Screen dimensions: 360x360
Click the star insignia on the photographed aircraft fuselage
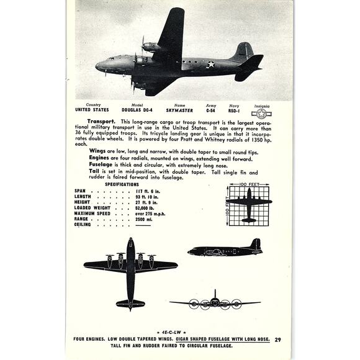[x=211, y=64]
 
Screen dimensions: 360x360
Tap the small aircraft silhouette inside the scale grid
[x=248, y=205]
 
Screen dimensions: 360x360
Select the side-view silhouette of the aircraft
[x=225, y=249]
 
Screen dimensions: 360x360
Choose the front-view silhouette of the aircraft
[x=215, y=302]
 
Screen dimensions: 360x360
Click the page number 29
[x=277, y=339]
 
